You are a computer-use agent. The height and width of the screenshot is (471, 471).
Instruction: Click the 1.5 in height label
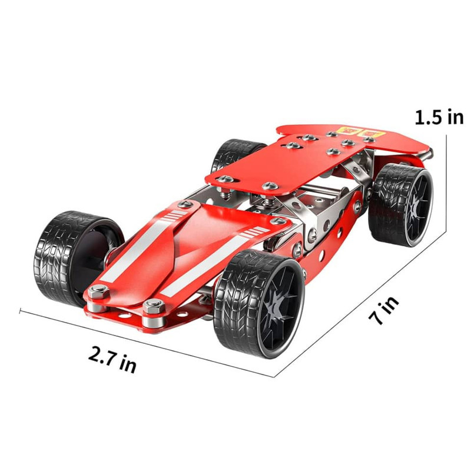(x=439, y=117)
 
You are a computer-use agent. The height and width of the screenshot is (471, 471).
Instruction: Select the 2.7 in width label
(x=112, y=359)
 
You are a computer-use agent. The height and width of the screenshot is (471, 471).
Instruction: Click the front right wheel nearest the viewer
(x=260, y=304)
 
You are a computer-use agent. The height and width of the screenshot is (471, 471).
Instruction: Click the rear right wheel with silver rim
(x=401, y=205)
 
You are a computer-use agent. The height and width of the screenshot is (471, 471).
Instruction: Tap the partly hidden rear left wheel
(x=235, y=153)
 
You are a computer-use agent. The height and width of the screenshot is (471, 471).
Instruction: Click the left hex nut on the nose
(x=98, y=291)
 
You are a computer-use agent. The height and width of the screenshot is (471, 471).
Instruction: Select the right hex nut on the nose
(x=154, y=306)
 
